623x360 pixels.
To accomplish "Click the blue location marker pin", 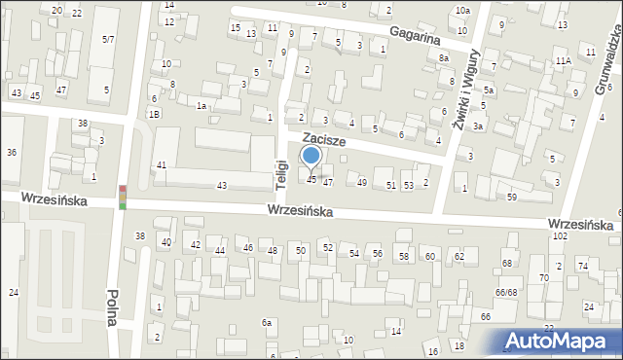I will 311,156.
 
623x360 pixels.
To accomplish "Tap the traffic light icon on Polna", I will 123,197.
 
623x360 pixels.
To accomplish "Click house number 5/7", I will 108,39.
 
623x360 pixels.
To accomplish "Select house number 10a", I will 461,10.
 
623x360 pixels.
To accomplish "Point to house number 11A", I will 563,60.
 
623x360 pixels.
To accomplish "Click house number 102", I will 560,236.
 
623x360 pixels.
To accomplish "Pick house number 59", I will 512,198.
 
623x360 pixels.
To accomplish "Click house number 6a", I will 266,322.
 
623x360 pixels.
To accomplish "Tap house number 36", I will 12,153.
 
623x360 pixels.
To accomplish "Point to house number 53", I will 409,185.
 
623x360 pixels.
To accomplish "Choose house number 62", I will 458,256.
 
